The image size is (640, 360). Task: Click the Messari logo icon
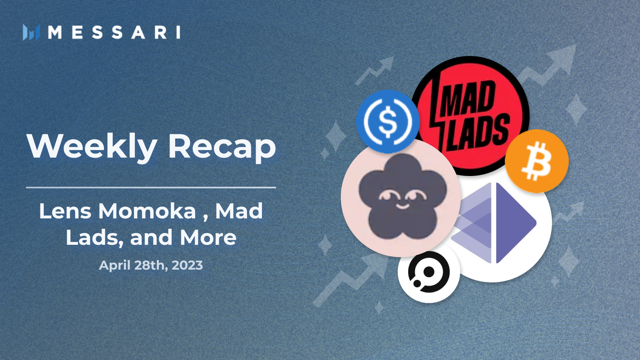tap(32, 32)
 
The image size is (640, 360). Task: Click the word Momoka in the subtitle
tap(148, 211)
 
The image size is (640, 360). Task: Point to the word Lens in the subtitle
tap(65, 211)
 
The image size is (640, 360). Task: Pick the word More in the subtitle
tap(208, 238)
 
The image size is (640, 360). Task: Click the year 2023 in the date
tap(187, 265)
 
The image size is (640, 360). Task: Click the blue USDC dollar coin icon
tap(388, 121)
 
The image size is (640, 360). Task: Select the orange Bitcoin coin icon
tap(536, 161)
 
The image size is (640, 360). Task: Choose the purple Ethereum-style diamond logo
tap(494, 223)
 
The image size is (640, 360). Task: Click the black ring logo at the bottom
tap(429, 272)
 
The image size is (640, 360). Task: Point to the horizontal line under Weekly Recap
tap(151, 188)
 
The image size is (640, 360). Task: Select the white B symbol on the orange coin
tap(536, 161)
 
